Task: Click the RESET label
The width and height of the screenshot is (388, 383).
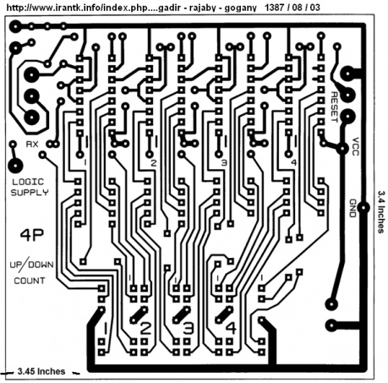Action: (x=334, y=107)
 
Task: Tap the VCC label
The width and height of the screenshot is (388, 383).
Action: (x=356, y=146)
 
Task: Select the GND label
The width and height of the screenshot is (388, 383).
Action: (x=352, y=208)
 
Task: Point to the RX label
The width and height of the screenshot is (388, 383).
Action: (x=32, y=145)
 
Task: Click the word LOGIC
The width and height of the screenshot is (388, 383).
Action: (x=28, y=182)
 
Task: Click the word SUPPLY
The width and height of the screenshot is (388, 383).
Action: (x=30, y=193)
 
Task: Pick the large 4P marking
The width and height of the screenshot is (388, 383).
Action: (x=32, y=235)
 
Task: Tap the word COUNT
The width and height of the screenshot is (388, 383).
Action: (x=30, y=281)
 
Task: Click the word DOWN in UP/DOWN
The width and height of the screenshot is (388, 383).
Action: (x=41, y=265)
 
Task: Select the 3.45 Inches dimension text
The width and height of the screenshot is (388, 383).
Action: (x=41, y=371)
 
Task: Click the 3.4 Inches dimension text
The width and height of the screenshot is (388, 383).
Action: (x=381, y=212)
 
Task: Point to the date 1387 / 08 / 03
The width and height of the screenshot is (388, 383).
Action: (x=292, y=7)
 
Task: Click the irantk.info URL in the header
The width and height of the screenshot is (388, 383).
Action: (x=80, y=8)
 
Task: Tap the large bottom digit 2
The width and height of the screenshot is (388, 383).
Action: (x=145, y=328)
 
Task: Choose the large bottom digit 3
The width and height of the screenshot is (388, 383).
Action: (x=189, y=328)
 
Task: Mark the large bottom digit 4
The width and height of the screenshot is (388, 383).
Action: (x=231, y=328)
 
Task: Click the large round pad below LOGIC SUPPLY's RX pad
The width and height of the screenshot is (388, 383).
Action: (x=15, y=166)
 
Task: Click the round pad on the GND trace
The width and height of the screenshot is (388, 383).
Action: (x=363, y=208)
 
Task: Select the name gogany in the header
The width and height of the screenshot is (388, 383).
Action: (x=240, y=8)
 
